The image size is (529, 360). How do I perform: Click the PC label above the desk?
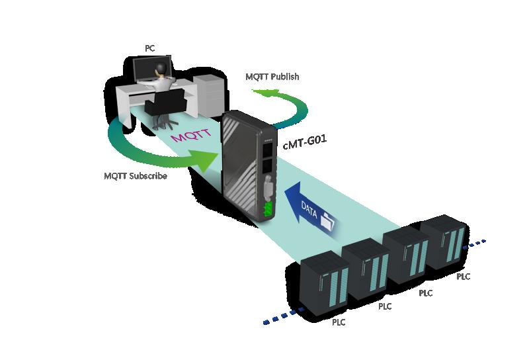[x=150, y=48]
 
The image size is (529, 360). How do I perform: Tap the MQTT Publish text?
[x=272, y=77]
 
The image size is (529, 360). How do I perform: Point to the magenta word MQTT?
[x=190, y=134]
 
